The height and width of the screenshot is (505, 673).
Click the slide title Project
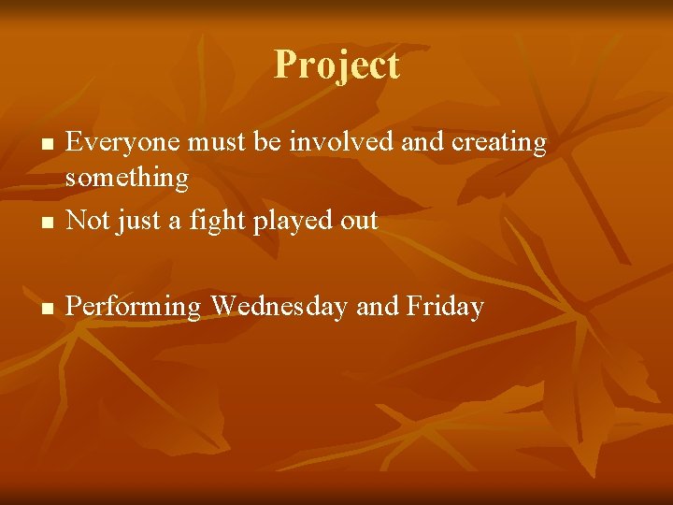coord(336,65)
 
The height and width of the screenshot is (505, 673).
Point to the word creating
coord(499,144)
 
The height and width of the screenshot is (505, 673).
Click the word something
coord(127,178)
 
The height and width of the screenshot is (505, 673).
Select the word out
coord(359,222)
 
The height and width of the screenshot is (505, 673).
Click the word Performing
coord(134,308)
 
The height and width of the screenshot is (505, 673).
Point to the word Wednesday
coord(279,307)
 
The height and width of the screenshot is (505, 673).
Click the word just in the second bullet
coord(136,222)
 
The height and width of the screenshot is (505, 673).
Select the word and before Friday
coord(378,307)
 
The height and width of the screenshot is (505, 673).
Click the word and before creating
coord(424,143)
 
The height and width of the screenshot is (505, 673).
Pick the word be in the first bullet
coord(269,143)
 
